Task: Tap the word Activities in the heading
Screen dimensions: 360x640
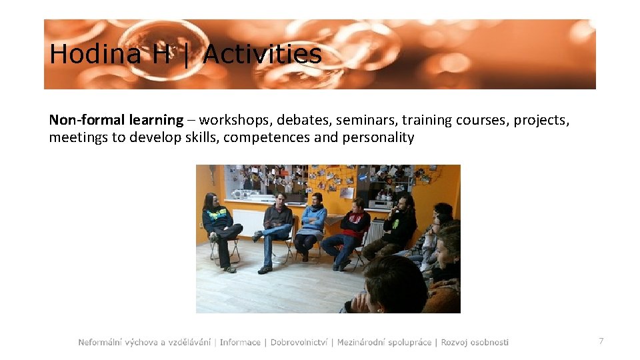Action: pyautogui.click(x=262, y=54)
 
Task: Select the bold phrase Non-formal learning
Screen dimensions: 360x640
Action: pyautogui.click(x=116, y=120)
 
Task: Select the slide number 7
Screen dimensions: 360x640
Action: pyautogui.click(x=601, y=341)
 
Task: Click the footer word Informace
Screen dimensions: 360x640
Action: pyautogui.click(x=240, y=342)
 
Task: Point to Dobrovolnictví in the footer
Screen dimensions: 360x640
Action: pyautogui.click(x=299, y=342)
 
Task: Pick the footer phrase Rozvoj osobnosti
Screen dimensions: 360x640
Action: pyautogui.click(x=475, y=342)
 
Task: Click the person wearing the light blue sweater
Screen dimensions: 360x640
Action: pyautogui.click(x=312, y=223)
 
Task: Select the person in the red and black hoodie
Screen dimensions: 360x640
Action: pyautogui.click(x=351, y=227)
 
